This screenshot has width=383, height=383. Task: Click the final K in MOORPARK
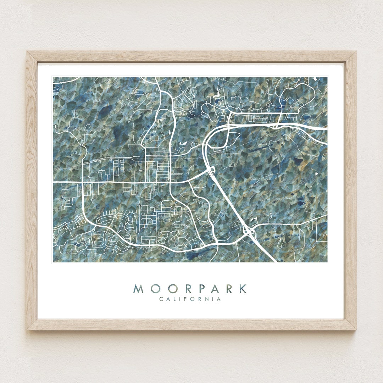tap(243, 289)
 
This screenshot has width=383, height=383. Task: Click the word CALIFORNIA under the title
tap(190, 299)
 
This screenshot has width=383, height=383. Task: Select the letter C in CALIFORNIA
tap(161, 299)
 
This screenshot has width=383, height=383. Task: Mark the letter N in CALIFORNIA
tap(207, 299)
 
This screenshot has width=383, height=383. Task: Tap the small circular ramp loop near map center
tap(212, 171)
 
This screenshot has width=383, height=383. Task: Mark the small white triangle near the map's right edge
tap(317, 174)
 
